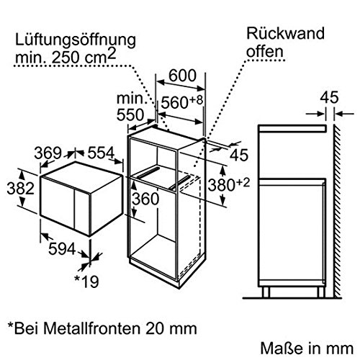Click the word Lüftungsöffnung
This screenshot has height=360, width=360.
[x=76, y=41]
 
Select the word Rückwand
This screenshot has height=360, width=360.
[x=285, y=33]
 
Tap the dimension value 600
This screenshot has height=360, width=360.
[x=182, y=76]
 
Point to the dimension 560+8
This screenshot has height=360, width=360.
[x=182, y=102]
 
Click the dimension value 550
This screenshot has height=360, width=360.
[x=130, y=115]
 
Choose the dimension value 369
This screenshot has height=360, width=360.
[x=48, y=153]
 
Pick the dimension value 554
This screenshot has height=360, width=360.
[x=101, y=153]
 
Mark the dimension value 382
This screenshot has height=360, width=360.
[x=20, y=188]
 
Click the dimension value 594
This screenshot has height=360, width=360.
[x=62, y=248]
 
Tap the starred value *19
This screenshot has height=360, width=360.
[x=86, y=281]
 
